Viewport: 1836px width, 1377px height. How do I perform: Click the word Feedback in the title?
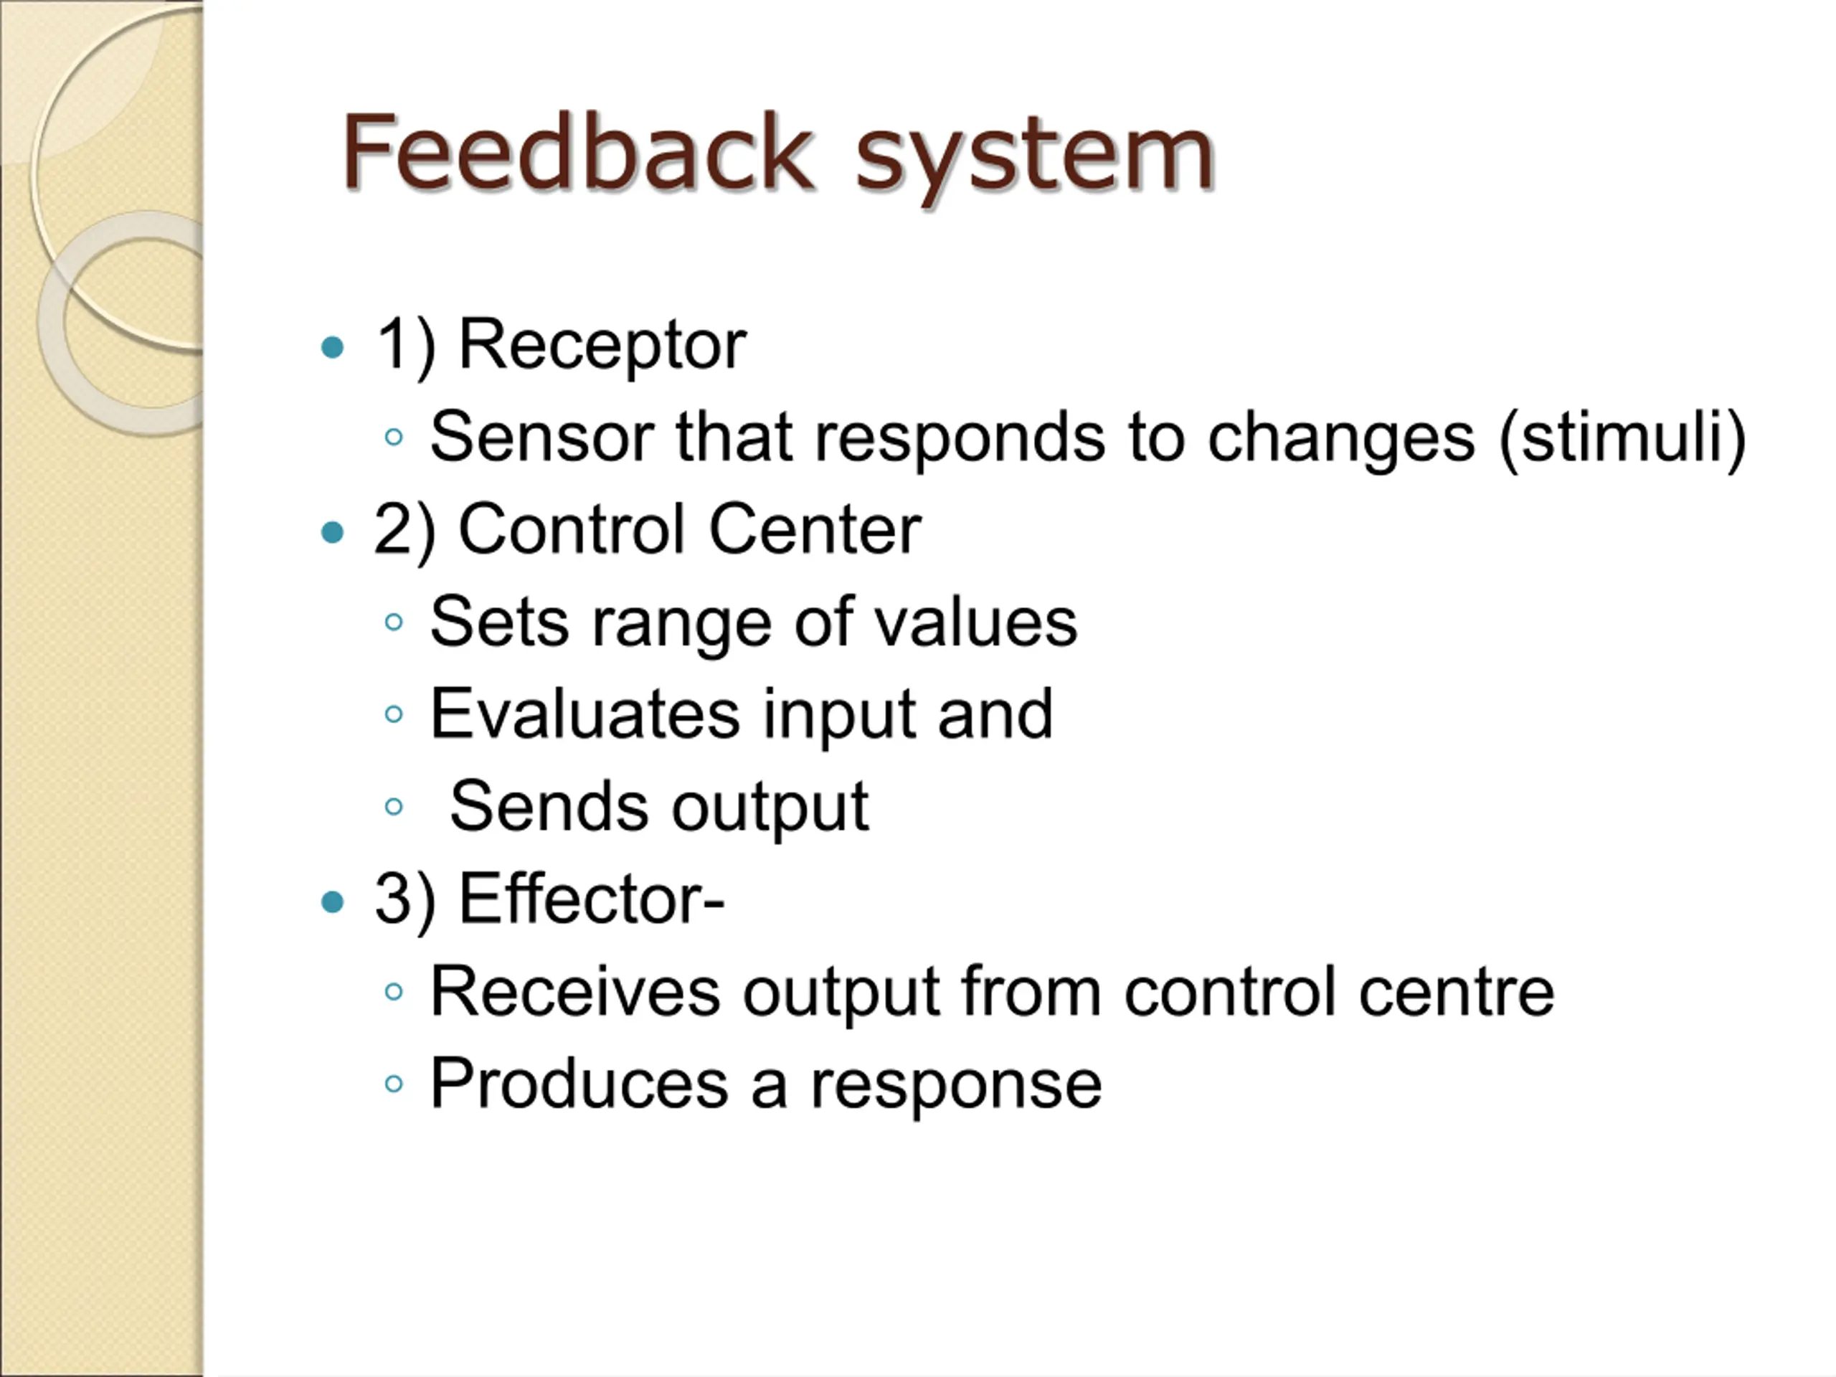click(x=575, y=153)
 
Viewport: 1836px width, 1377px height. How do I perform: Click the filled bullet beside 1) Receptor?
click(x=332, y=346)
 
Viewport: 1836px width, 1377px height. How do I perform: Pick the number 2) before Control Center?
click(x=404, y=531)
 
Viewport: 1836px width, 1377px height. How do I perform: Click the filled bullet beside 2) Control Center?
click(x=332, y=531)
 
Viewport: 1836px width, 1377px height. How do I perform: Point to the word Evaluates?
click(x=585, y=714)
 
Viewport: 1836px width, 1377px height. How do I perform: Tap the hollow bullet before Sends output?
click(x=394, y=806)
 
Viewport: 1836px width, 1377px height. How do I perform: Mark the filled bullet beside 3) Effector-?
click(x=332, y=902)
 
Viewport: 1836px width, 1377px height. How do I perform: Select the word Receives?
click(x=575, y=992)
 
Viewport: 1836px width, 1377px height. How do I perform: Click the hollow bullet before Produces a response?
click(x=394, y=1084)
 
